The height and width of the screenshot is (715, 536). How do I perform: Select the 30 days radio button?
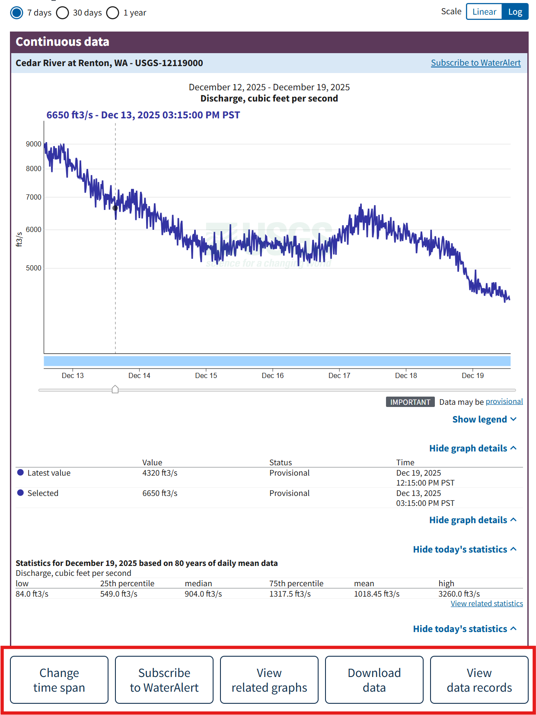tap(63, 13)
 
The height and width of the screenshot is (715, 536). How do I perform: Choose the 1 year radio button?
tap(113, 13)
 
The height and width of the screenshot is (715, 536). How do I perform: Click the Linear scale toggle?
tap(484, 12)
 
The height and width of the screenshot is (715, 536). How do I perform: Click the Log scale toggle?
tap(515, 12)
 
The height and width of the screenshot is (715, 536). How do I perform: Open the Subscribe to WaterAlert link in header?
tap(475, 63)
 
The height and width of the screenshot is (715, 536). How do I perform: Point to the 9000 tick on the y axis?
tap(34, 144)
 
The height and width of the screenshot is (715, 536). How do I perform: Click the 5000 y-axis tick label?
tap(34, 268)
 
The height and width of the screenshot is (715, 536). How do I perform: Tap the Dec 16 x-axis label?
tap(273, 376)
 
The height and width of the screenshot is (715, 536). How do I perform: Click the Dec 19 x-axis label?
tap(472, 376)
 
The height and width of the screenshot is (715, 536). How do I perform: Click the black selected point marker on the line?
tap(115, 208)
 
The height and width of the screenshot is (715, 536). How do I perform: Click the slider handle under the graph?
tap(115, 390)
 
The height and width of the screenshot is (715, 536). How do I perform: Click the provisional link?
tap(504, 402)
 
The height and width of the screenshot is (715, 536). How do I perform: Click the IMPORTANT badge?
tap(410, 402)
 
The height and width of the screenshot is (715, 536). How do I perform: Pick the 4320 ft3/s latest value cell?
tap(160, 473)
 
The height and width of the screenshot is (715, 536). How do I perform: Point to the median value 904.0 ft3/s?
tap(203, 594)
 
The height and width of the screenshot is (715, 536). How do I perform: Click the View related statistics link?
tap(487, 604)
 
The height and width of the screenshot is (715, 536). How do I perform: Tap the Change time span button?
tap(59, 680)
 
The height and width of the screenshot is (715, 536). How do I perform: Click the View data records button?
tap(479, 680)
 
